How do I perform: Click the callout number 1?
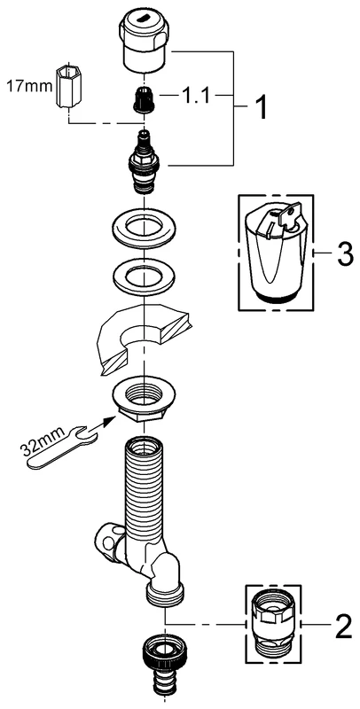[263, 111]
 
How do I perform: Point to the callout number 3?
[341, 254]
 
